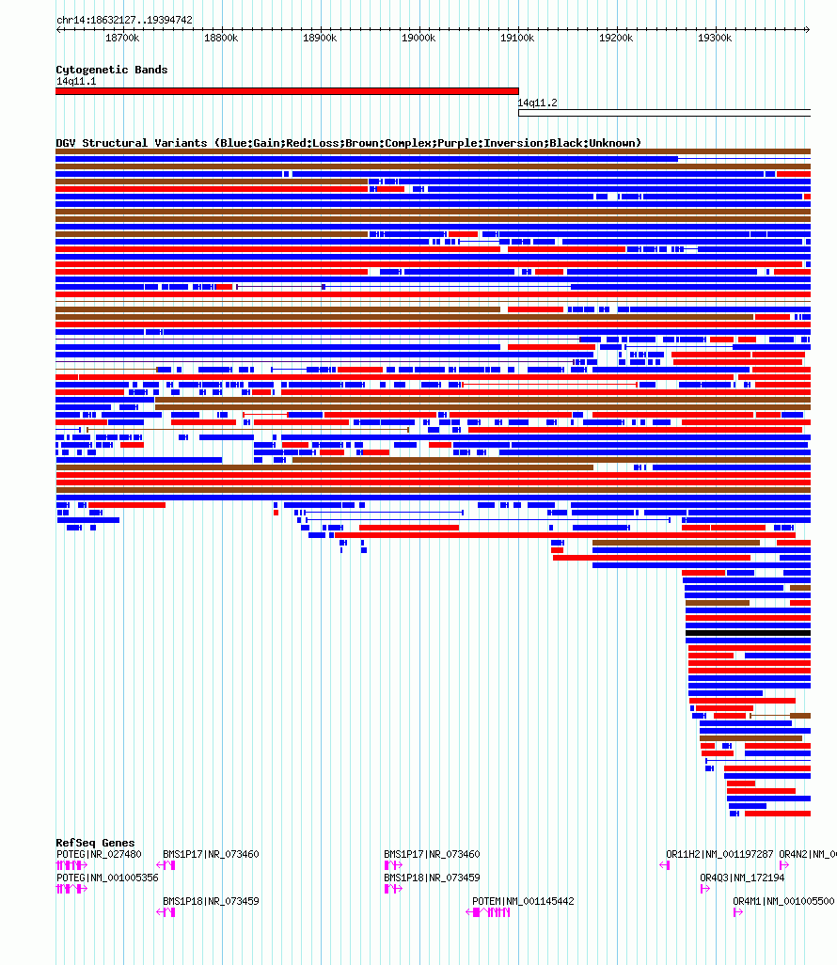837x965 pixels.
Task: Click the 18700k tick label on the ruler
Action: pyautogui.click(x=122, y=39)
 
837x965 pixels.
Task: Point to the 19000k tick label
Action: pyautogui.click(x=418, y=39)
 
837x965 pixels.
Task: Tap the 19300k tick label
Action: pyautogui.click(x=715, y=39)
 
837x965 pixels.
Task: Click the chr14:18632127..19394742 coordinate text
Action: pyautogui.click(x=124, y=21)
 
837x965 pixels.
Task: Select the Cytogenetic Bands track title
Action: pyautogui.click(x=111, y=70)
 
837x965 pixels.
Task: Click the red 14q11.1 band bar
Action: pyautogui.click(x=287, y=91)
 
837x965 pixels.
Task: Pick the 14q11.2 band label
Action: pyautogui.click(x=537, y=103)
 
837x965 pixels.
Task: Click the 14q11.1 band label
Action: pyautogui.click(x=75, y=81)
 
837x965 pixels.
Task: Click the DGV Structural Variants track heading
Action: pyautogui.click(x=348, y=143)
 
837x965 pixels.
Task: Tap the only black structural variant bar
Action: pyautogui.click(x=748, y=633)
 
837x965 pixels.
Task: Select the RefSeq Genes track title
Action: pyautogui.click(x=95, y=843)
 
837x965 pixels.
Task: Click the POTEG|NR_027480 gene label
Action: pyautogui.click(x=99, y=854)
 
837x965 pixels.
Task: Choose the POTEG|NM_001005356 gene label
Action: pyautogui.click(x=107, y=878)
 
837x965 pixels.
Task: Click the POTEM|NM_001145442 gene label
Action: pyautogui.click(x=523, y=901)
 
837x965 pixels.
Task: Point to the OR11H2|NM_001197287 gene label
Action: pyautogui.click(x=719, y=854)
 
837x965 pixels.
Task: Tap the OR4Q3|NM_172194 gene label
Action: pyautogui.click(x=742, y=878)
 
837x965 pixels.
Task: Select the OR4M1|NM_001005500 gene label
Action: pyautogui.click(x=783, y=901)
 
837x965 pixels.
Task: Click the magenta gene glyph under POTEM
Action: pyautogui.click(x=488, y=912)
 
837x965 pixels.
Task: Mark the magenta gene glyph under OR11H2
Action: pyautogui.click(x=664, y=865)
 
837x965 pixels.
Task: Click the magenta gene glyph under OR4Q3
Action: pyautogui.click(x=704, y=889)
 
